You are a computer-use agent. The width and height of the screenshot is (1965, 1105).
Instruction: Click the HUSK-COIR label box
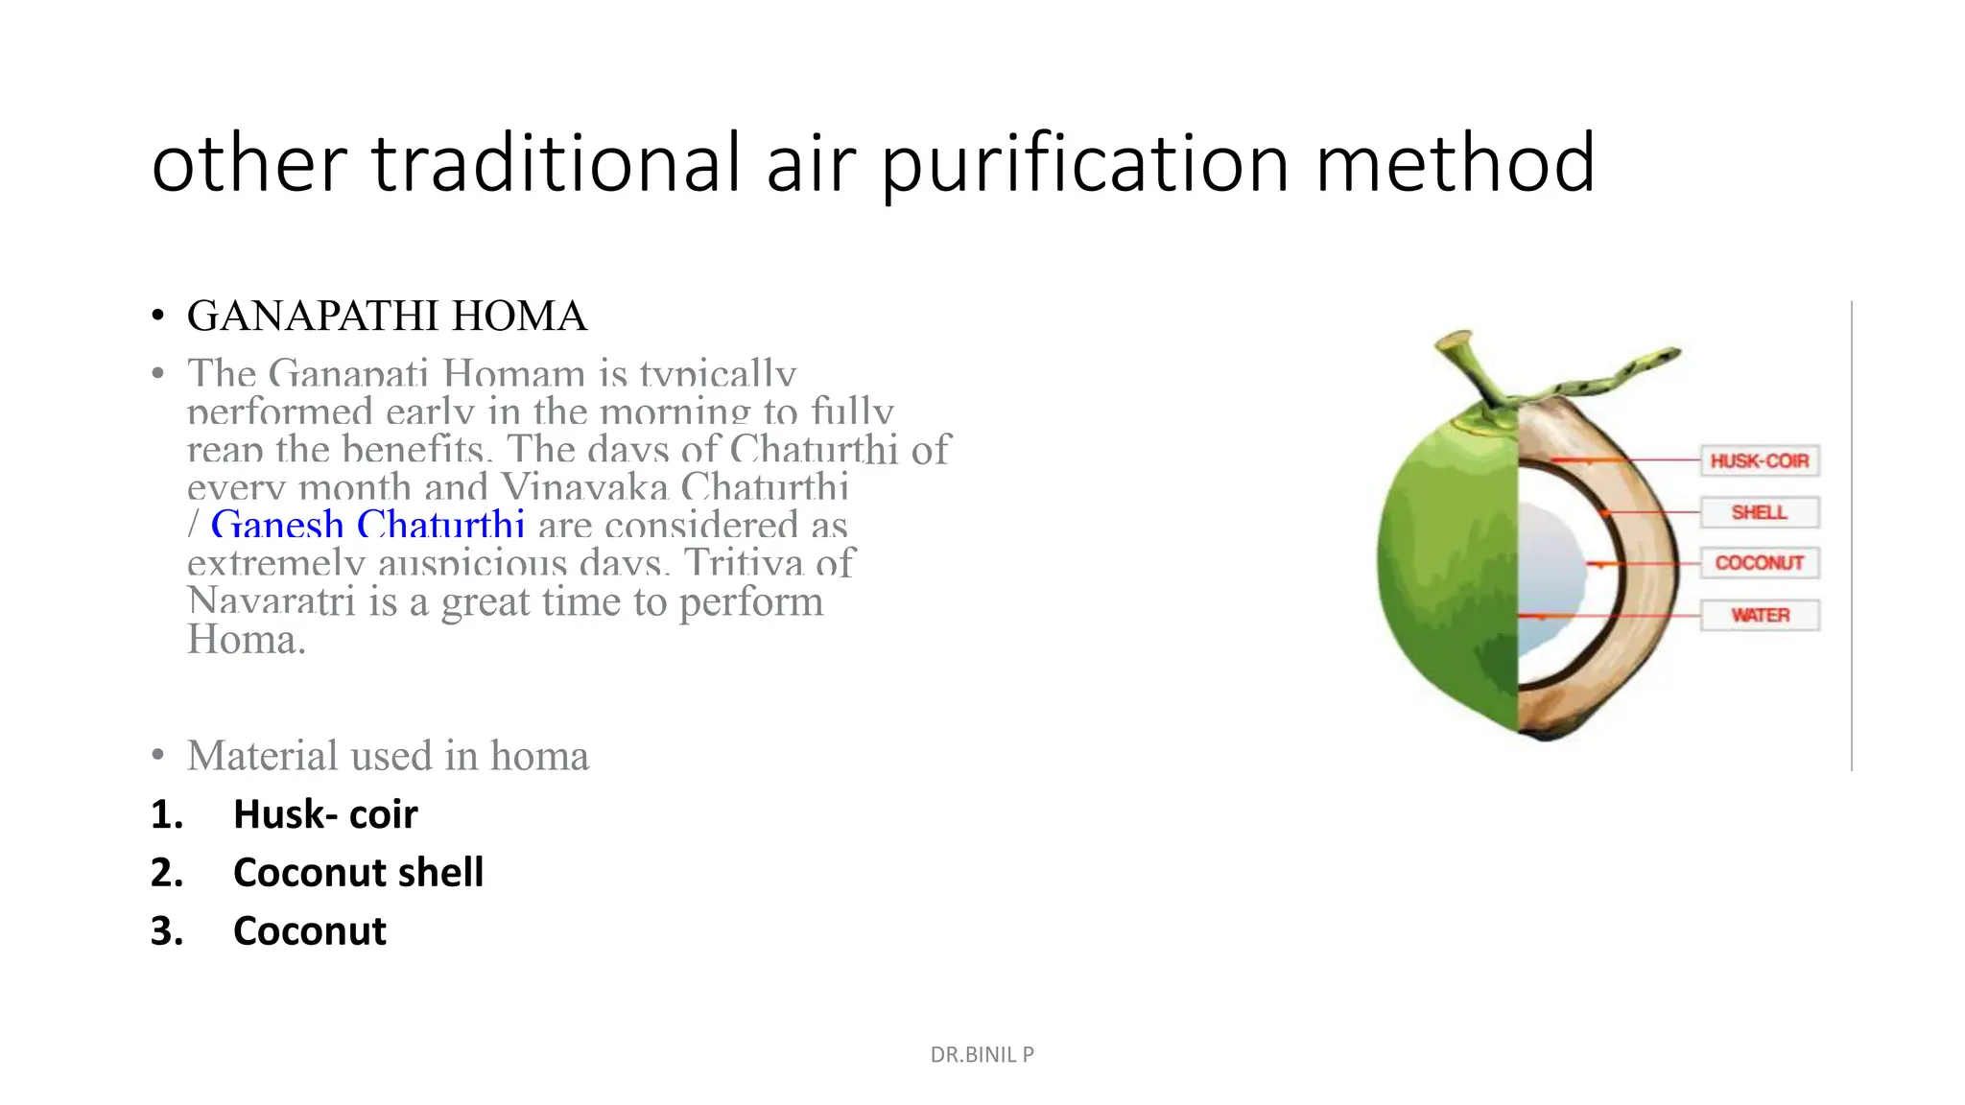point(1759,461)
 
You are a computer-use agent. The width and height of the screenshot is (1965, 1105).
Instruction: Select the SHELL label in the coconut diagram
point(1759,512)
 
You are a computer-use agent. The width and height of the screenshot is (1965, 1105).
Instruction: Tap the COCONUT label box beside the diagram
point(1759,563)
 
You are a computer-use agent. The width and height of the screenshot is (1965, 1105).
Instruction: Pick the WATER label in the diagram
point(1760,615)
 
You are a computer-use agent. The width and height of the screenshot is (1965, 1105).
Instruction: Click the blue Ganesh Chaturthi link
point(367,525)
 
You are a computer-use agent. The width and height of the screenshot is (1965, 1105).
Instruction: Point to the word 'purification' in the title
point(1085,164)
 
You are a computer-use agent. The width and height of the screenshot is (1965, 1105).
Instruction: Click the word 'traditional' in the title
point(556,164)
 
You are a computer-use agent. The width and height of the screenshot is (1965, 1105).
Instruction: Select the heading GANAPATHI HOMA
point(387,316)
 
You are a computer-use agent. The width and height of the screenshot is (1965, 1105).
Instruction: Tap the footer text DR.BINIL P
point(982,1054)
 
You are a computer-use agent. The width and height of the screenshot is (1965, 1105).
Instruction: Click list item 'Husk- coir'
point(325,814)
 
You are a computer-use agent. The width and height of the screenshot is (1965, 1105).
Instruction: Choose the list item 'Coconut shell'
point(358,873)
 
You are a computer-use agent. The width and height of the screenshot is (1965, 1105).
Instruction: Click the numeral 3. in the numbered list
point(167,931)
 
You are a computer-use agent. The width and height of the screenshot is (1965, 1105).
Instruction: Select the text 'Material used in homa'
point(388,756)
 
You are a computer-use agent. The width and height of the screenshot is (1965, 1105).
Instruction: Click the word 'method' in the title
point(1455,164)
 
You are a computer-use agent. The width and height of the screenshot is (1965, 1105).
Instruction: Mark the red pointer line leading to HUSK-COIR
point(1631,461)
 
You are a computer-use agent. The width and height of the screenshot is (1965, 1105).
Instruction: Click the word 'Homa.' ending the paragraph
point(246,640)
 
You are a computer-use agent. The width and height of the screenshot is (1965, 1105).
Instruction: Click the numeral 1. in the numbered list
point(167,814)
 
